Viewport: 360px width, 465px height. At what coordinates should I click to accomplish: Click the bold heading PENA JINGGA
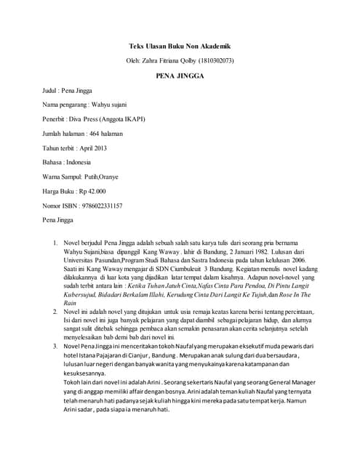(180, 74)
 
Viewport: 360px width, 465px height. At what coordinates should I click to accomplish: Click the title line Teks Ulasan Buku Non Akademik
(180, 44)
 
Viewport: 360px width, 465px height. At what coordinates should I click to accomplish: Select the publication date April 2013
(95, 148)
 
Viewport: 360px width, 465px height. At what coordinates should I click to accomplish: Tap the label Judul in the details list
(49, 90)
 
